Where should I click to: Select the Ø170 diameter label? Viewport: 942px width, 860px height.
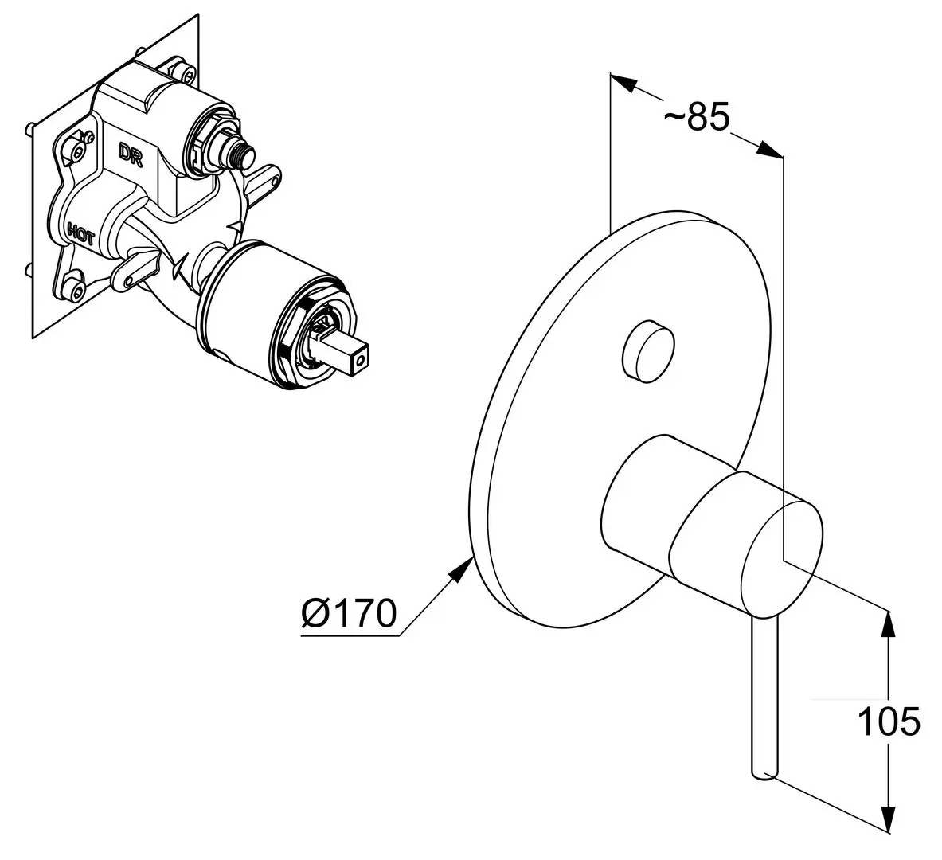tap(350, 613)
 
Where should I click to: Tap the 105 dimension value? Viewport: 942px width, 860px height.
tap(889, 721)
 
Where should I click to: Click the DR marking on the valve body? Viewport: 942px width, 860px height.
tap(130, 154)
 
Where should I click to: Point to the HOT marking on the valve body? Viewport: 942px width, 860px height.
tap(80, 234)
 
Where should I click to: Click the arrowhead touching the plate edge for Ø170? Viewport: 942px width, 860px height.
tap(461, 569)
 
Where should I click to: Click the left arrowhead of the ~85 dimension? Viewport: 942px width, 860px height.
tap(623, 82)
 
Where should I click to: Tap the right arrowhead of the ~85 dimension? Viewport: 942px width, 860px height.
tap(770, 150)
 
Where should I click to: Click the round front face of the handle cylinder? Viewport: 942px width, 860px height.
tap(781, 551)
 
